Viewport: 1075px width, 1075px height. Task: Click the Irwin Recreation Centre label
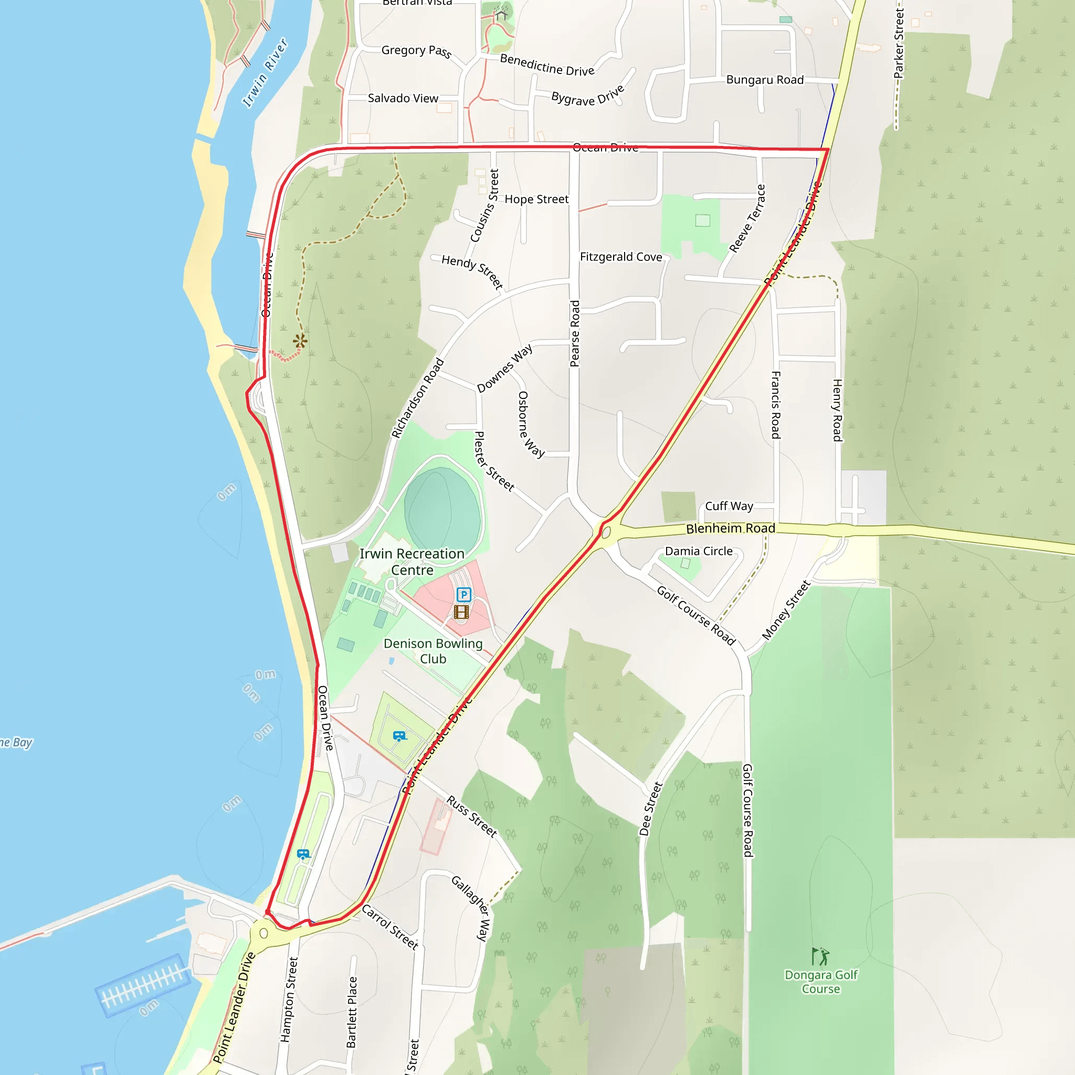point(412,562)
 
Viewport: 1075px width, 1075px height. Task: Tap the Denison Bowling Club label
point(433,651)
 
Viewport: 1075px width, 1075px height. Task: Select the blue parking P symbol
point(463,594)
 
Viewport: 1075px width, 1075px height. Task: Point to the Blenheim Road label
point(730,528)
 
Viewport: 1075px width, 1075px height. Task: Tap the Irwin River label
point(265,72)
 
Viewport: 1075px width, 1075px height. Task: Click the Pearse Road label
point(575,334)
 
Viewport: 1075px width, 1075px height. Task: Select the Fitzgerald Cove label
point(621,257)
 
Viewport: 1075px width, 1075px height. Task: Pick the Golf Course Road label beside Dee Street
point(747,810)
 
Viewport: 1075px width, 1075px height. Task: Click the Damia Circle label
point(698,551)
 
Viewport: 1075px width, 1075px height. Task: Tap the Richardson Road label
point(417,398)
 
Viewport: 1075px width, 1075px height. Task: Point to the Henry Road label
point(837,410)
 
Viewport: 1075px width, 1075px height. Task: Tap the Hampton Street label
point(289,999)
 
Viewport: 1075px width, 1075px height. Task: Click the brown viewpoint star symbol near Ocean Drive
point(300,341)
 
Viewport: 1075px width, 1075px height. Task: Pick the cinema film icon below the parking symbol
point(461,612)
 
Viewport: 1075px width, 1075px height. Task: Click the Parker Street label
point(898,44)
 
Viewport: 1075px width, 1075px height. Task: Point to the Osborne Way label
point(530,424)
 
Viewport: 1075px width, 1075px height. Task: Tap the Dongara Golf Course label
point(821,982)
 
